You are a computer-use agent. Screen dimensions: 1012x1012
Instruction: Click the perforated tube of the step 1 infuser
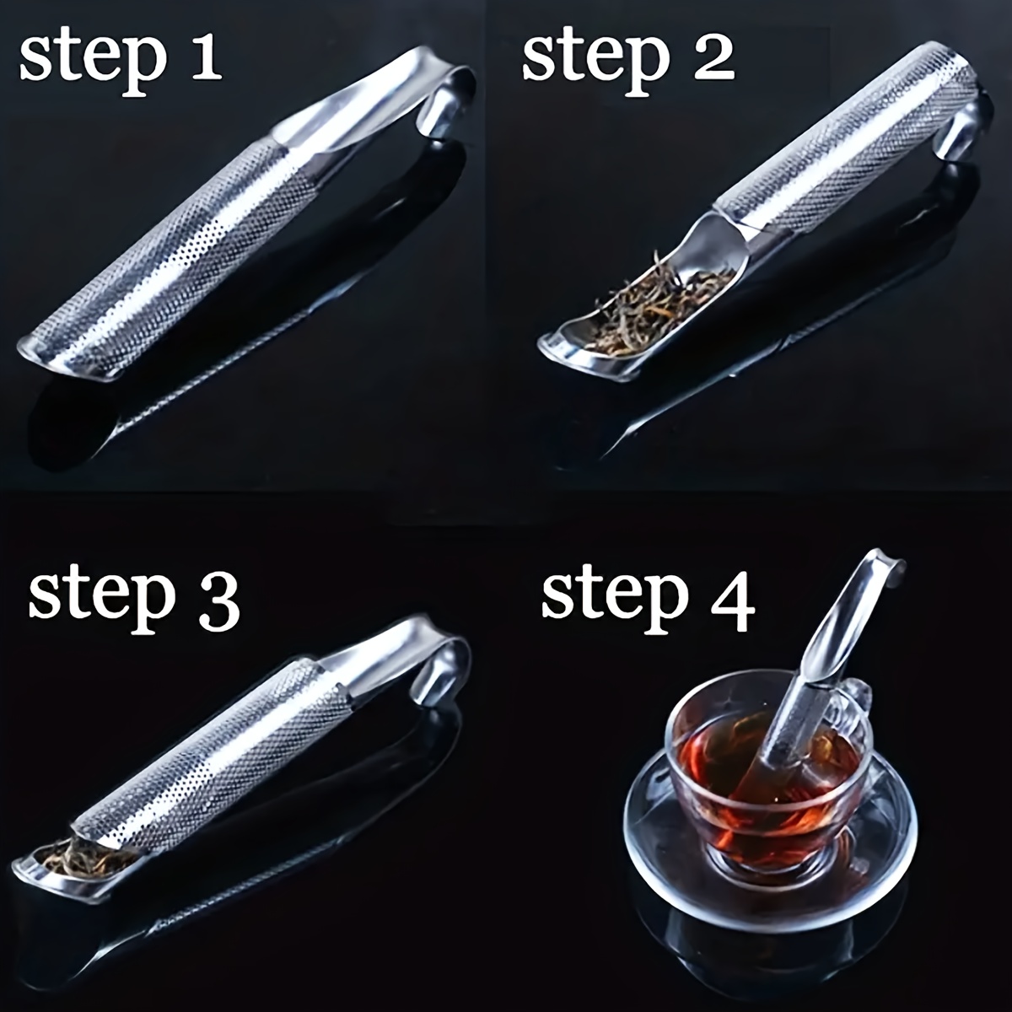tap(186, 253)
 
